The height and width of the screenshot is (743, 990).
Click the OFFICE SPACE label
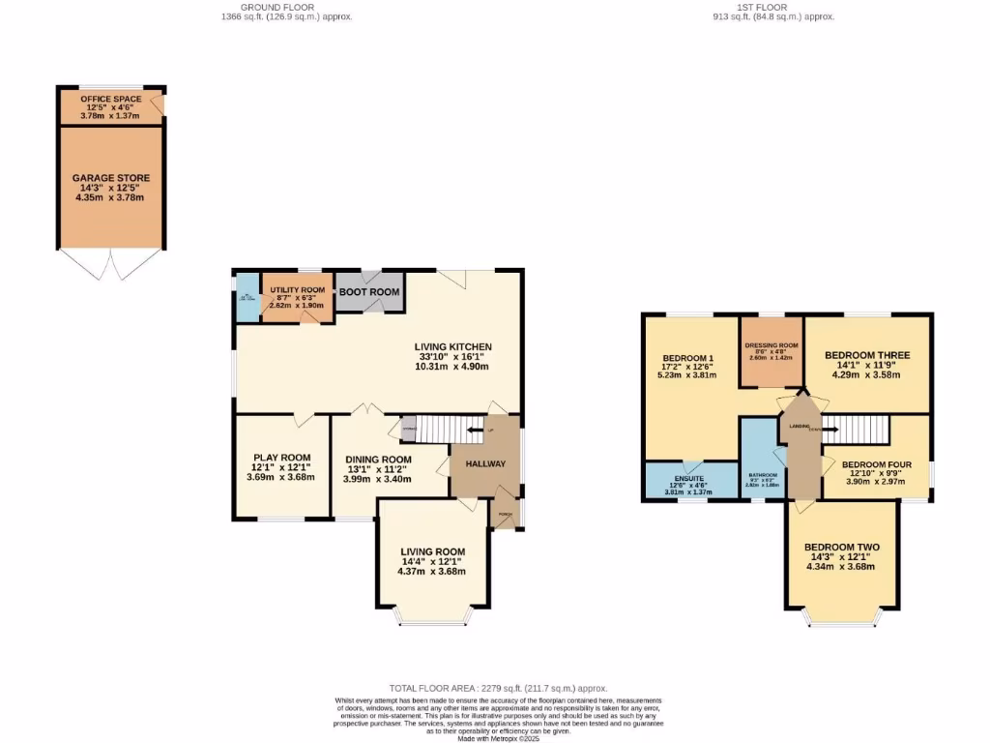110,99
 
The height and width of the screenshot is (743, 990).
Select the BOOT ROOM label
369,291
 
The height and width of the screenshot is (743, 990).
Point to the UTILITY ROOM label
297,289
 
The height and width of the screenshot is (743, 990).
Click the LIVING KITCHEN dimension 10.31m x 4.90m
453,367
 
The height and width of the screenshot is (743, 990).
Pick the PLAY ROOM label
281,458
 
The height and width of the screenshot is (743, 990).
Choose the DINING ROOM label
378,460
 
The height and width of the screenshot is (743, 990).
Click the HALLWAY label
485,463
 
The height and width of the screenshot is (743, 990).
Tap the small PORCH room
505,514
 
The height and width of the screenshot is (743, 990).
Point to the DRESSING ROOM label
772,345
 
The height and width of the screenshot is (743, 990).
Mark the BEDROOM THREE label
866,355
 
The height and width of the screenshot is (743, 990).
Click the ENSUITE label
688,476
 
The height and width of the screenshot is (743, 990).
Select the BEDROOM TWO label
841,547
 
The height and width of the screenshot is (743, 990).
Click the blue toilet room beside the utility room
247,295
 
